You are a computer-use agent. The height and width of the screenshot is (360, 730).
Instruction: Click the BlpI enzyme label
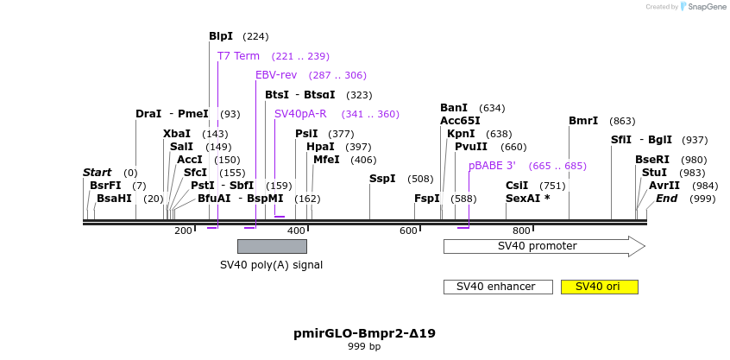[x=221, y=36]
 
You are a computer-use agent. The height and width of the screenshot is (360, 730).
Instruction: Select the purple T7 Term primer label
[x=238, y=56]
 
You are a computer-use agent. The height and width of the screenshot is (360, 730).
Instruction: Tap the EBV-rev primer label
[x=276, y=75]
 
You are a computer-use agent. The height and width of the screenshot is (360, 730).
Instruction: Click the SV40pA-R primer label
[x=300, y=114]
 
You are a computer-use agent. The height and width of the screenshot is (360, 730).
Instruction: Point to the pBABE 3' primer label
[x=492, y=166]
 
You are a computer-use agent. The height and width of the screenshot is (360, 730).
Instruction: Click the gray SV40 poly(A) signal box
[x=272, y=246]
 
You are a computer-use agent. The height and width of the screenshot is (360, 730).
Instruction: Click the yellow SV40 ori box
[x=599, y=287]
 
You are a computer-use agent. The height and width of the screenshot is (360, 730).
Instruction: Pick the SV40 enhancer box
[x=497, y=287]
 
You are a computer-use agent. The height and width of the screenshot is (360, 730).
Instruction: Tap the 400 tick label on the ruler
[x=296, y=231]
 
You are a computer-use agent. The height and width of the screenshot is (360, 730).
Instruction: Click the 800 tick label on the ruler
[x=521, y=231]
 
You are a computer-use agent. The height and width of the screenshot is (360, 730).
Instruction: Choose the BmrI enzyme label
[x=583, y=121]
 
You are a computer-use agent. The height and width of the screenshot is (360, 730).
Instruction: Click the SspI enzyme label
[x=382, y=179]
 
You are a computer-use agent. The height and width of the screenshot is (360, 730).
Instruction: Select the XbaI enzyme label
[x=177, y=134]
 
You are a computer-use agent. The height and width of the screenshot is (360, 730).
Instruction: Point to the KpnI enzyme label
[x=461, y=134]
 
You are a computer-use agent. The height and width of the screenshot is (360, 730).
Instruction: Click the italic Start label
[x=98, y=173]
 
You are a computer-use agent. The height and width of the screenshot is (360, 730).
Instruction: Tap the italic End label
[x=667, y=199]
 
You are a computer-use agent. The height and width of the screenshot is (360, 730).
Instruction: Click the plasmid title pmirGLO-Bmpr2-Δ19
[x=364, y=332]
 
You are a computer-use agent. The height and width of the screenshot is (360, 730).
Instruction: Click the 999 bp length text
[x=364, y=346]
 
